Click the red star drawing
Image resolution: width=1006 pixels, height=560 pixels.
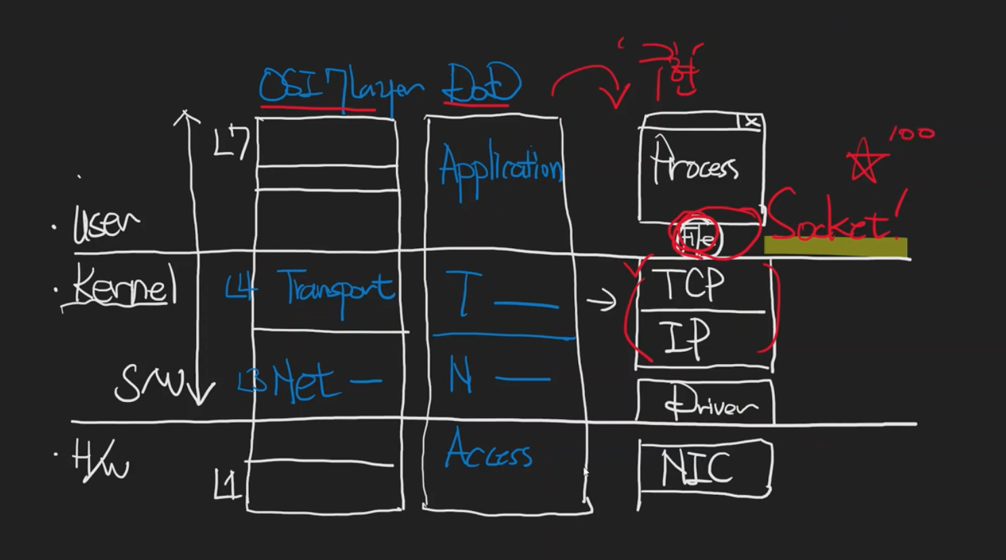(865, 162)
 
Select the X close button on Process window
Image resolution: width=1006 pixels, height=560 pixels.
(751, 122)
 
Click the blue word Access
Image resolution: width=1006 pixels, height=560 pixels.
(488, 451)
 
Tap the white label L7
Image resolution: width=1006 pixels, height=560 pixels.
(231, 142)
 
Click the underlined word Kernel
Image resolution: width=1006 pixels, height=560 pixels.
(122, 285)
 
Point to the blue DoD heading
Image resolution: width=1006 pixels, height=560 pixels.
(482, 85)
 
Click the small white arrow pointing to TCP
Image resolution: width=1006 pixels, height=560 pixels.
(601, 300)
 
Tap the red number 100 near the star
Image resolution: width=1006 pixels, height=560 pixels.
(911, 133)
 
